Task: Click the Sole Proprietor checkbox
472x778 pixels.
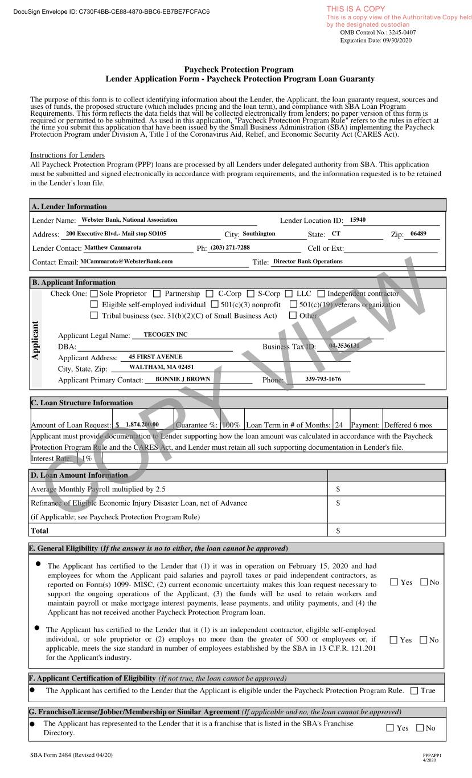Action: click(94, 294)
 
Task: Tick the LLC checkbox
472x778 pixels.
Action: click(289, 294)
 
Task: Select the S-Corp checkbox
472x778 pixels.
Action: click(251, 294)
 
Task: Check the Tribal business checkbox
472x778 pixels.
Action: click(94, 315)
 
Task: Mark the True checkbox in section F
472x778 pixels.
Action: click(413, 691)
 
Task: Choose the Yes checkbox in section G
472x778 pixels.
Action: click(390, 728)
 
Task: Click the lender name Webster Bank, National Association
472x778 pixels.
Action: click(129, 219)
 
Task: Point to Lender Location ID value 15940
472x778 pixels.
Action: click(358, 219)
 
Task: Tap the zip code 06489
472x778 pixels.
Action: click(418, 234)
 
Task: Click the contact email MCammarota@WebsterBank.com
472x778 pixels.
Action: click(126, 261)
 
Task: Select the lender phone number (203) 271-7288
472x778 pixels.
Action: click(230, 247)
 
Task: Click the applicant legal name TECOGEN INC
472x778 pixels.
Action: click(166, 335)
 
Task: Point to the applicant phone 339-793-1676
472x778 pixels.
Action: click(323, 379)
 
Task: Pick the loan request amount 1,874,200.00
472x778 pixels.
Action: click(142, 425)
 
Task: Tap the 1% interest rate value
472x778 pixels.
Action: click(87, 458)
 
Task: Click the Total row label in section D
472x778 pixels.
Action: click(39, 531)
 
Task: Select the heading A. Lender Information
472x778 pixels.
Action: click(69, 206)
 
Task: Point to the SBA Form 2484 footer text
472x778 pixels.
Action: click(71, 755)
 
